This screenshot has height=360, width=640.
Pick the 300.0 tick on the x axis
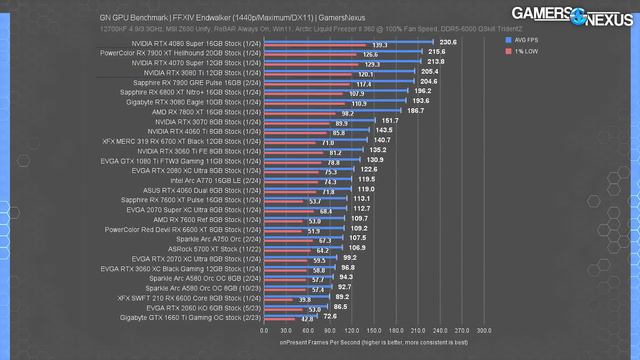coord(484,328)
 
